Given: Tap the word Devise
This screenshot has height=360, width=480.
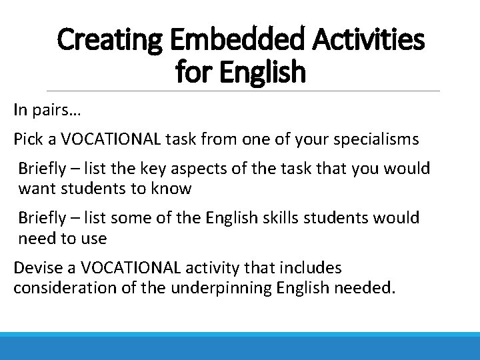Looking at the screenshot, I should [37, 268].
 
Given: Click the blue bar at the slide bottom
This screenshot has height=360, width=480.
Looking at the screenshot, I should [240, 346].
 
